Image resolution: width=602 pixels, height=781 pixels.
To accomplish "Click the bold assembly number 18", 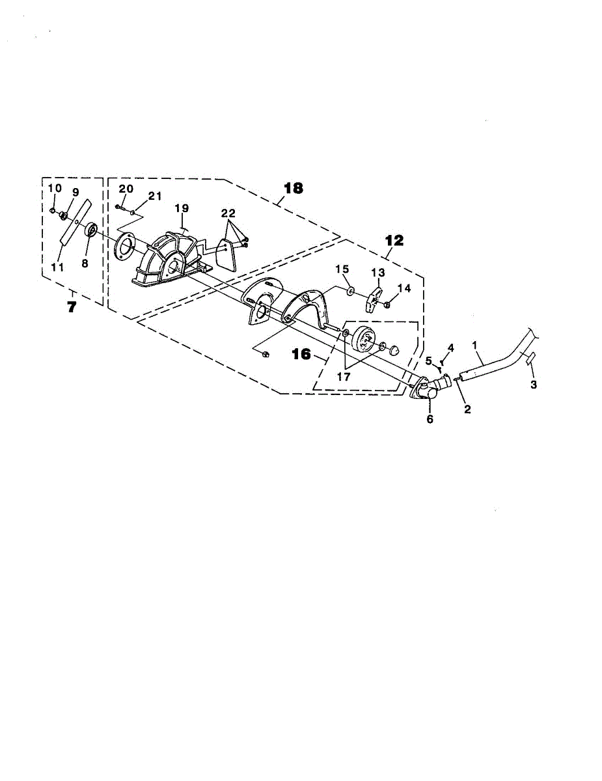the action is [294, 188].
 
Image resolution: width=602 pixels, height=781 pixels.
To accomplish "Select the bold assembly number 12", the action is [394, 240].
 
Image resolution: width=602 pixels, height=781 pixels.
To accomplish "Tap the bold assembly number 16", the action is [301, 355].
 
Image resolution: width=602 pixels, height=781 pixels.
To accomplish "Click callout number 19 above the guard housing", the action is [182, 208].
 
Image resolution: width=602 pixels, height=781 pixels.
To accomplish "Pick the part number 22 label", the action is [228, 213].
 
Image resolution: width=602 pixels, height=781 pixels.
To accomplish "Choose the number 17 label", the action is [344, 377].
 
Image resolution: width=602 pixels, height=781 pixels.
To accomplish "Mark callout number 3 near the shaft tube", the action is [534, 384].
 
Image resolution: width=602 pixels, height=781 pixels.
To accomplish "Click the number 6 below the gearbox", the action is [430, 418].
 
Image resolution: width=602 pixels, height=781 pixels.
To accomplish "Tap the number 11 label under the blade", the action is [57, 267].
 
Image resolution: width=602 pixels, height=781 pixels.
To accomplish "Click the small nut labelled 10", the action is [53, 210].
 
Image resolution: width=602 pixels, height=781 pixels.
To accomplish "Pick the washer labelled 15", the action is [350, 290].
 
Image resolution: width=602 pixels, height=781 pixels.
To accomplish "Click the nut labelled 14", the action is [387, 305].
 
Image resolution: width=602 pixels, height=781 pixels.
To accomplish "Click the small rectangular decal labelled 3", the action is [530, 359].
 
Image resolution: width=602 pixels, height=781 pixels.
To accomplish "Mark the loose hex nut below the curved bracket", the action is [266, 354].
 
